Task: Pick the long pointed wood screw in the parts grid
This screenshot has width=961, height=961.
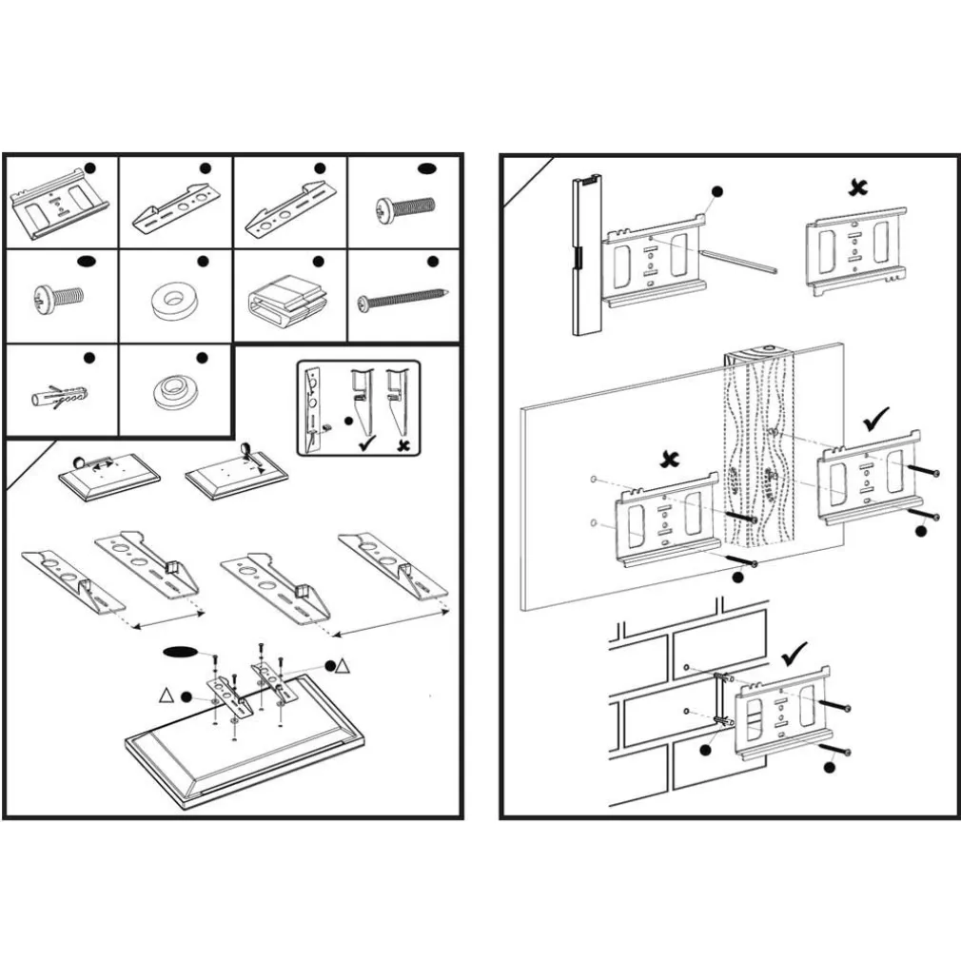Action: tap(402, 299)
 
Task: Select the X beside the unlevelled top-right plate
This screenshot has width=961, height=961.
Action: tap(858, 187)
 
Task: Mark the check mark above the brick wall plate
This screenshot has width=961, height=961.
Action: tap(794, 653)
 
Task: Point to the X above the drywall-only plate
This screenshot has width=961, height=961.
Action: tap(671, 460)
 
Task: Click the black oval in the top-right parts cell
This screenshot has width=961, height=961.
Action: tap(427, 169)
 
